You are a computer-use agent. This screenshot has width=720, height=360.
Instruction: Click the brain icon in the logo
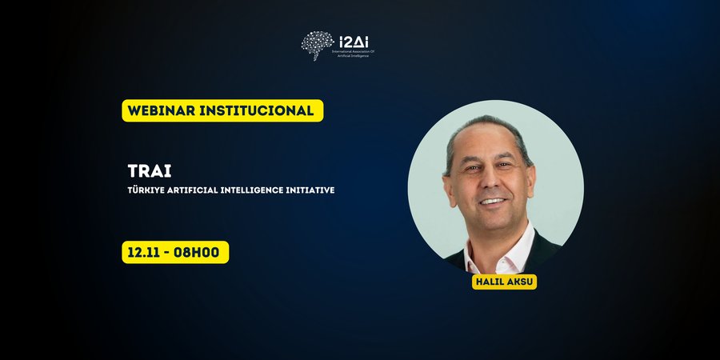(x=318, y=45)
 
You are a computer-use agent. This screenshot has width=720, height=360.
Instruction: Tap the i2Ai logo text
(x=355, y=40)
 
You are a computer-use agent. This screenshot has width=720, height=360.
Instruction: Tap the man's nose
(x=490, y=182)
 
